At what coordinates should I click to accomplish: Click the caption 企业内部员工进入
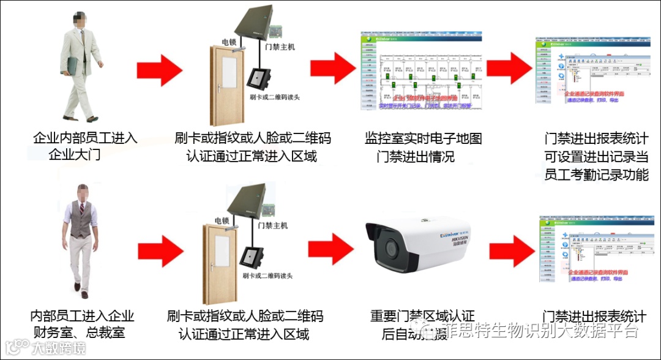tap(85, 138)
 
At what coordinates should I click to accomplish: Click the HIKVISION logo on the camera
tap(463, 241)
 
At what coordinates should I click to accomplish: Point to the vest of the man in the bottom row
tap(80, 221)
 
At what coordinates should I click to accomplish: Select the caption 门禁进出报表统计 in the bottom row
tap(594, 317)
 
